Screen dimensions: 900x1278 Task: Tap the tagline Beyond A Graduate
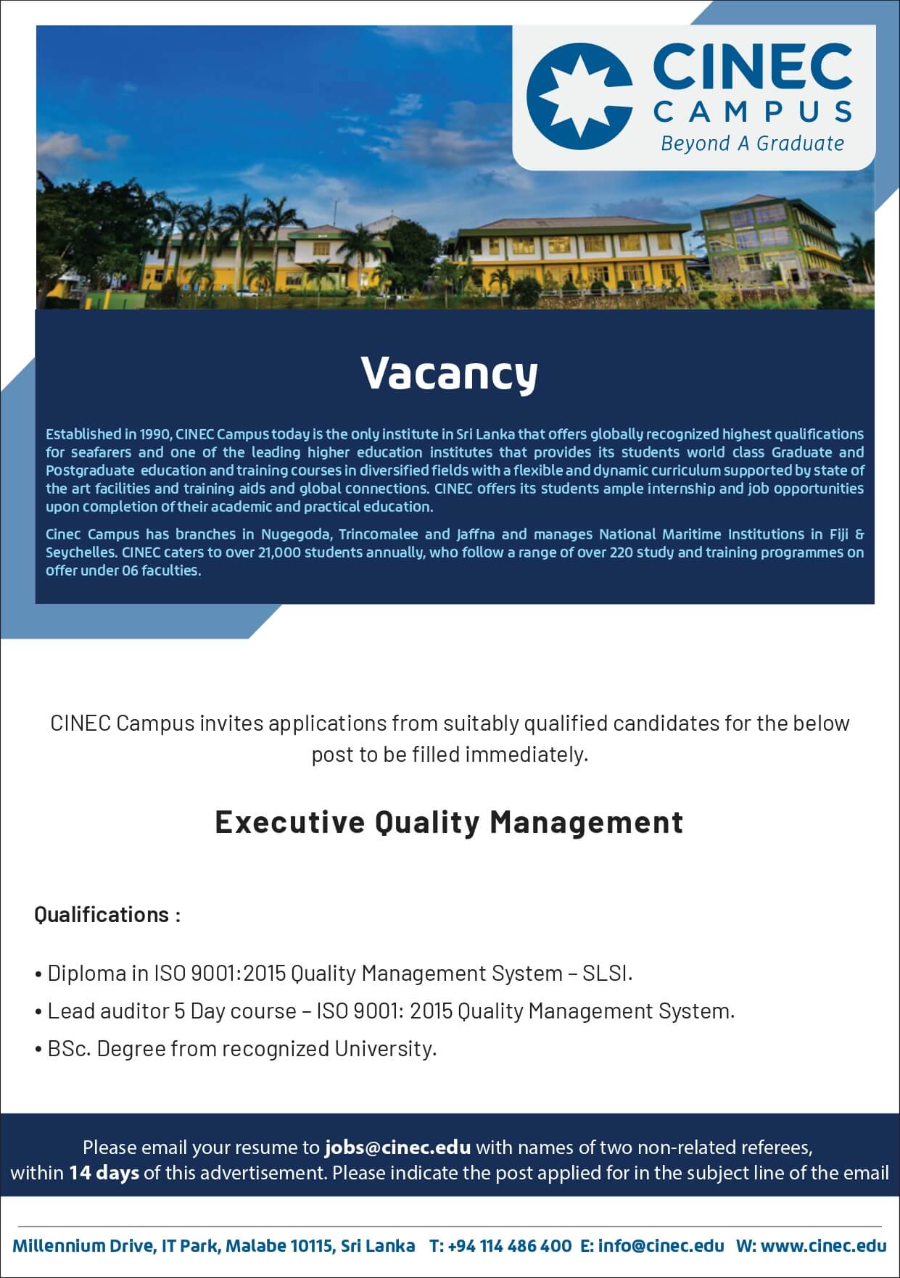click(752, 144)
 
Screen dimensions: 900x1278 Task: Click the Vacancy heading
click(450, 374)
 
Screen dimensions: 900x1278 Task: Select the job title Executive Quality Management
click(450, 823)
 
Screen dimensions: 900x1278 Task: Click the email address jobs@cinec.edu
click(398, 1148)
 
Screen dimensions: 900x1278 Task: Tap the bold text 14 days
click(104, 1173)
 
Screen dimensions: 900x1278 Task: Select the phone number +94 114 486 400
click(510, 1246)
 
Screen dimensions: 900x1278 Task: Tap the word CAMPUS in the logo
click(753, 112)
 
